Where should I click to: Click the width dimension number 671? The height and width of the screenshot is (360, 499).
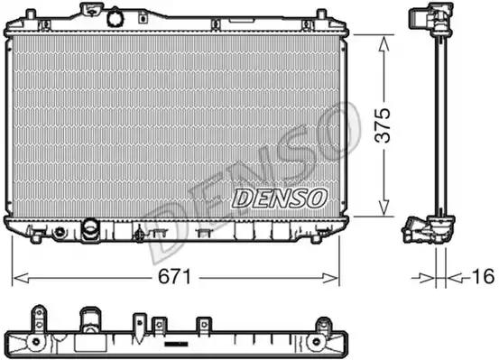coord(175,277)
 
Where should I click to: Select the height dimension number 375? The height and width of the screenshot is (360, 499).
coord(383,125)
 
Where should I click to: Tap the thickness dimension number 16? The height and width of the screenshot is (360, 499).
coord(483,276)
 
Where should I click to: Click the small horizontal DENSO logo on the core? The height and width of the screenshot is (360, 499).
coord(280,198)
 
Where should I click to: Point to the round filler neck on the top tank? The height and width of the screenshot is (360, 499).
coord(114,19)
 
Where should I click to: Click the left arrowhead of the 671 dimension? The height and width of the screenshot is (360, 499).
coord(22,278)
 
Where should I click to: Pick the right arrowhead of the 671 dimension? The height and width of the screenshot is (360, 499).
coord(330,278)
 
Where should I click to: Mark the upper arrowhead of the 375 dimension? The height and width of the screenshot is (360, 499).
coord(384,44)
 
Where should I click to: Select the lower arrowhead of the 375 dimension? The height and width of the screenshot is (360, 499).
coord(384,207)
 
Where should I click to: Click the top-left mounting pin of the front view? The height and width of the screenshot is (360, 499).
coord(31,14)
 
